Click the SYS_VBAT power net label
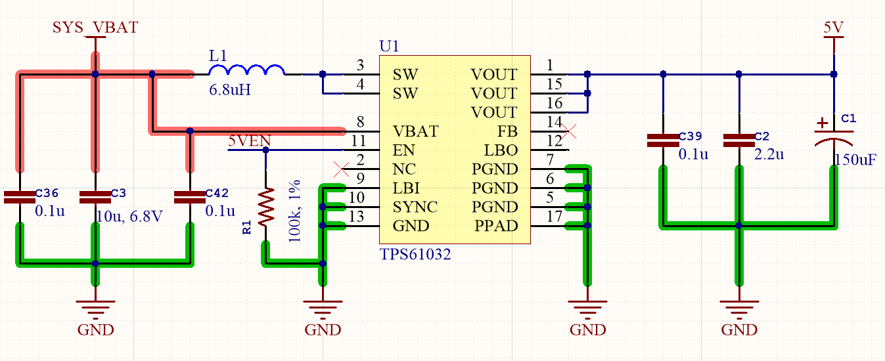(x=95, y=27)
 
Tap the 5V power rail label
(x=834, y=27)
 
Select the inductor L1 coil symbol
(x=246, y=70)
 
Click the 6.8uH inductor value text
(x=229, y=90)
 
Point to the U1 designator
(x=389, y=46)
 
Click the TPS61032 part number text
(x=415, y=254)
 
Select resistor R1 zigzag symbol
(x=266, y=207)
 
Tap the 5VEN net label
(x=250, y=140)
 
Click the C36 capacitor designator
(x=47, y=193)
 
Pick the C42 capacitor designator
(x=217, y=193)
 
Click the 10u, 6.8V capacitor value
(x=129, y=216)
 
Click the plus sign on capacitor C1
(x=823, y=123)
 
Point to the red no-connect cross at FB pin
(x=569, y=131)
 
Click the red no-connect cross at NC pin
(x=342, y=169)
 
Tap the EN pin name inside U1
(x=404, y=150)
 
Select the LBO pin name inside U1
(x=501, y=150)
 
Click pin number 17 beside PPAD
(x=555, y=217)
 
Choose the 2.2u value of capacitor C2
(x=769, y=154)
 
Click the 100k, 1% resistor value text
(x=295, y=211)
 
